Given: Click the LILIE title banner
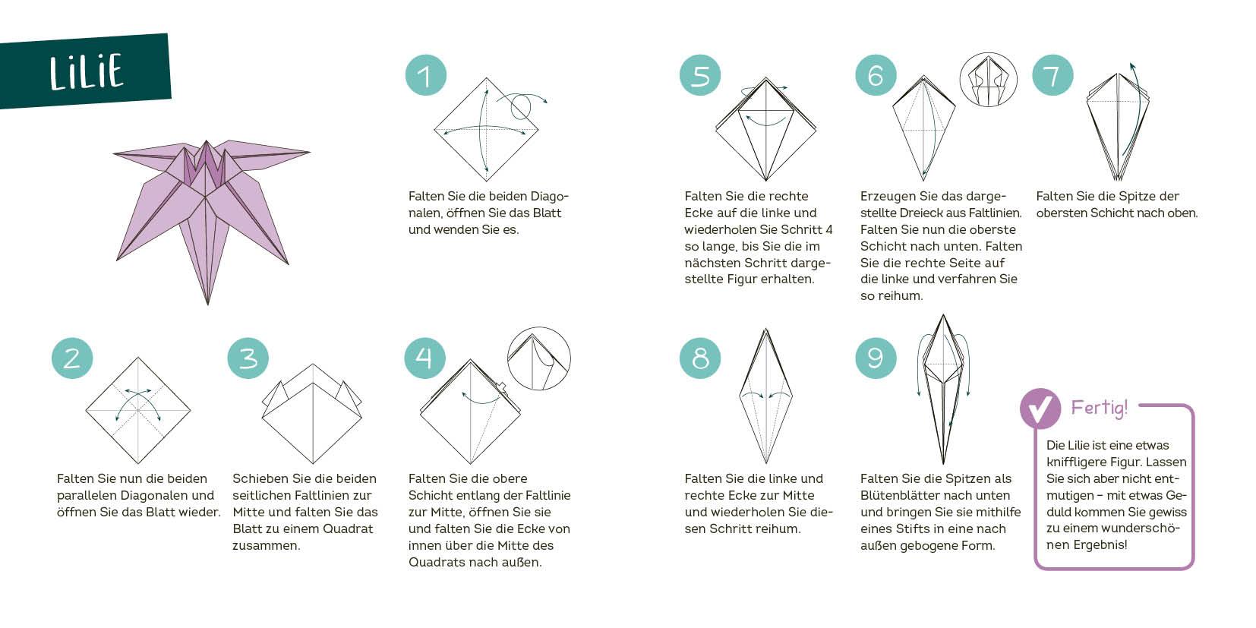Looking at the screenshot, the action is coord(85,71).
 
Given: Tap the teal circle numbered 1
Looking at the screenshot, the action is coord(425,75).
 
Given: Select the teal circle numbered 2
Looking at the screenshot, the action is coord(72,358).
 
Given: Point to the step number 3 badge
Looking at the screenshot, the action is coord(248,358).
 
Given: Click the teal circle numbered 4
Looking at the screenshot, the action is coord(424,358).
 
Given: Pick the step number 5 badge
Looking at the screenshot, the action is coord(700,75).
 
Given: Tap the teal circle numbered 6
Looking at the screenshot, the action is coord(876,75).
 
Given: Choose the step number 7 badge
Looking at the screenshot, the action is coord(1052,75).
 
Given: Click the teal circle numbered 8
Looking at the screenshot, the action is coord(700,358).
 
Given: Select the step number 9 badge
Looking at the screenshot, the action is coord(876,358).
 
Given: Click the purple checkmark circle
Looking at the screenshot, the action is coord(1040,409).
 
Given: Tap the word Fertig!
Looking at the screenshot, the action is coord(1099,408).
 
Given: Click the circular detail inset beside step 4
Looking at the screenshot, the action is coord(539,359).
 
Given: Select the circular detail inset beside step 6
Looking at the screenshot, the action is coord(988,80).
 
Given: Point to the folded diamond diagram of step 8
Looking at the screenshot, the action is coord(766,396).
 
